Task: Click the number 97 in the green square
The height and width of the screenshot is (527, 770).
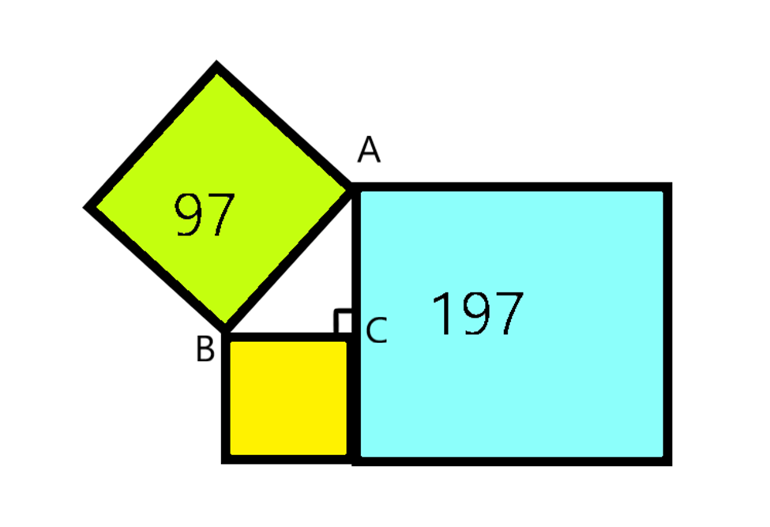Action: (x=205, y=216)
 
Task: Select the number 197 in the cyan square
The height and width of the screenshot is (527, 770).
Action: (x=478, y=314)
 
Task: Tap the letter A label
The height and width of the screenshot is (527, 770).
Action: (x=369, y=149)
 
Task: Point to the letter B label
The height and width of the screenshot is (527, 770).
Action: (x=205, y=348)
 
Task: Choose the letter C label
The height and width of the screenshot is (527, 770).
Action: (x=377, y=331)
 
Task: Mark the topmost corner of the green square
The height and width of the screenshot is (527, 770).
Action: (x=216, y=66)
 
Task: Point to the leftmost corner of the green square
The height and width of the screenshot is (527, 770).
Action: (x=88, y=208)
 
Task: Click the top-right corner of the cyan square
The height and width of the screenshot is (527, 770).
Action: (x=667, y=187)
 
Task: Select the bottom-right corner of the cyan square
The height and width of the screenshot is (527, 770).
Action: (x=667, y=461)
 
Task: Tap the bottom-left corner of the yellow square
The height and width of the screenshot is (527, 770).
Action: (x=226, y=458)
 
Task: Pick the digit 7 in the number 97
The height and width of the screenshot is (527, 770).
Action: (x=221, y=216)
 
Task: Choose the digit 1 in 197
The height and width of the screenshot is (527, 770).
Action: (x=441, y=314)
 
